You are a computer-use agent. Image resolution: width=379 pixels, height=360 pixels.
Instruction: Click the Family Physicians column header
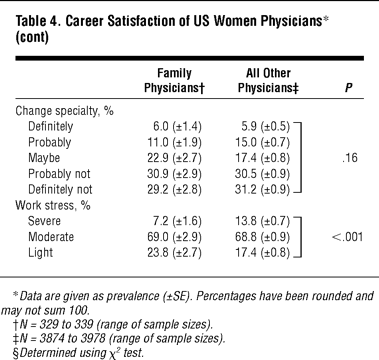(174, 80)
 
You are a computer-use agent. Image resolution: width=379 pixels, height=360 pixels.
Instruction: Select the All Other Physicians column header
(268, 80)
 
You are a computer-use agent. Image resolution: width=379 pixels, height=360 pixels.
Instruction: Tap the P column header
(348, 88)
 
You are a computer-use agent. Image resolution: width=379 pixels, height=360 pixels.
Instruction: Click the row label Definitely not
(60, 189)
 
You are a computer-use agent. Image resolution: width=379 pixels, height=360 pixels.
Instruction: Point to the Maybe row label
(44, 158)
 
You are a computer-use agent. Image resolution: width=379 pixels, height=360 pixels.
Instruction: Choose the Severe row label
(44, 221)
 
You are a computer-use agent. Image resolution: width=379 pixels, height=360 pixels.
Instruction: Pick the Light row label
(40, 252)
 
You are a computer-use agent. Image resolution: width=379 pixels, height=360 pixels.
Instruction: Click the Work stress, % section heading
(53, 206)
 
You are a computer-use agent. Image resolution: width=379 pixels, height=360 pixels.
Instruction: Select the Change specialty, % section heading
(64, 111)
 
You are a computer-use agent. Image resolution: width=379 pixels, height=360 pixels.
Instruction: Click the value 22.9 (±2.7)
(174, 158)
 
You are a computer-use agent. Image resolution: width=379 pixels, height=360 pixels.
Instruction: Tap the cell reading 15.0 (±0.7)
(262, 142)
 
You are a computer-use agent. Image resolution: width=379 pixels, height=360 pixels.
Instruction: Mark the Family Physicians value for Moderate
(174, 237)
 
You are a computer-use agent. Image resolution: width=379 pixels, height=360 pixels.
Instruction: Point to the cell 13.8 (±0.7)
(262, 221)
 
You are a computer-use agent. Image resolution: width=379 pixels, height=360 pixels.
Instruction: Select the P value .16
(350, 158)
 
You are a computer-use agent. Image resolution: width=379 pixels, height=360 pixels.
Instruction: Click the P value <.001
(347, 237)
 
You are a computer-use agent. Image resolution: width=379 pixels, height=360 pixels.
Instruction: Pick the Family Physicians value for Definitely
(177, 126)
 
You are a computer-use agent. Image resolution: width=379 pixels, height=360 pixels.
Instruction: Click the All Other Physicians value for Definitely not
(262, 189)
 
